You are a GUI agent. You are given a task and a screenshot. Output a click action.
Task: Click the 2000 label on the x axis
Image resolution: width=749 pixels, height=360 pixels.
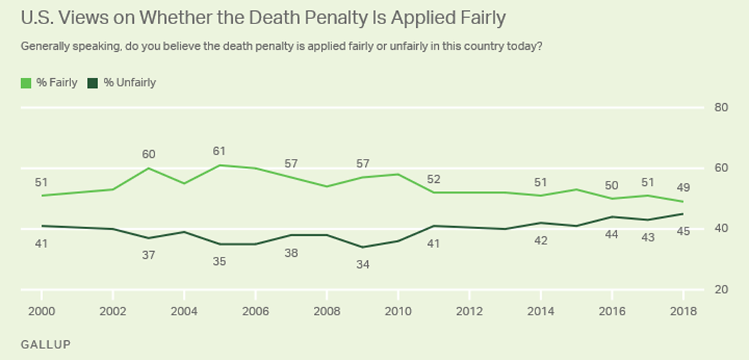click(x=41, y=310)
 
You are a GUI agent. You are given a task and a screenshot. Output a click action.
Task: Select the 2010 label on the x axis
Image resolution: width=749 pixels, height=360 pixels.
click(x=396, y=310)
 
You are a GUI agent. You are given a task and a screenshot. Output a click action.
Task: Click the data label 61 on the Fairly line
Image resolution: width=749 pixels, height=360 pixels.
click(x=218, y=151)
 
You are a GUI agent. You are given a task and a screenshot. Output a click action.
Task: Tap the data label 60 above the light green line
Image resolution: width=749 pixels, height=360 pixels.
click(x=148, y=154)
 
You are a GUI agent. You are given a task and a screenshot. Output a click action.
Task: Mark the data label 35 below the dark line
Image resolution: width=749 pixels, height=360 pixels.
click(x=218, y=260)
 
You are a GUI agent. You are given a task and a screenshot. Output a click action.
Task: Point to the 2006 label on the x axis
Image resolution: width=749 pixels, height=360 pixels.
click(x=254, y=310)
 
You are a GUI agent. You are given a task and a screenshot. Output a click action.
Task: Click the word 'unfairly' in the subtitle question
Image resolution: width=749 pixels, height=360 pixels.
click(x=369, y=46)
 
